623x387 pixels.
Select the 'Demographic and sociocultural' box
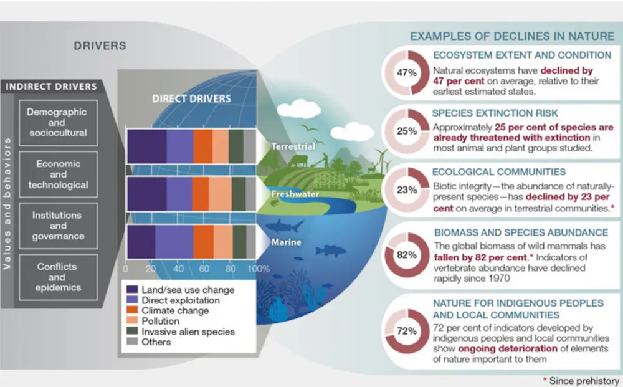click(x=58, y=123)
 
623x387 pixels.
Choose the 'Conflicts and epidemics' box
click(x=58, y=277)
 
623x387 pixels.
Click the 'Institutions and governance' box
click(x=58, y=226)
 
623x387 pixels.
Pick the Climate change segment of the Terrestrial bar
click(x=202, y=146)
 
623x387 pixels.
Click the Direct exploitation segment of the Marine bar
click(x=174, y=242)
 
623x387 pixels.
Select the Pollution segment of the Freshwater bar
click(x=220, y=194)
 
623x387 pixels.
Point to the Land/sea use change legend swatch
click(x=132, y=289)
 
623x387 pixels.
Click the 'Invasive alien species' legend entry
click(x=181, y=332)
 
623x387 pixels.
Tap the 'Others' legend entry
click(x=149, y=342)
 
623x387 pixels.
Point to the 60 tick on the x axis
click(x=204, y=269)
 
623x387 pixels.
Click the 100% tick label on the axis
click(x=259, y=269)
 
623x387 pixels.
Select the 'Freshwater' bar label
click(x=295, y=194)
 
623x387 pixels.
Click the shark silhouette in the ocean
click(x=284, y=226)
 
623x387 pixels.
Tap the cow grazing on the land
click(x=298, y=161)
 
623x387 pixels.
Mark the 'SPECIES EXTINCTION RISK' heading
click(x=495, y=113)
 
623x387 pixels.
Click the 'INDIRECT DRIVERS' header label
click(x=51, y=87)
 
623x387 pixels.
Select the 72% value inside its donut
click(x=407, y=331)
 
